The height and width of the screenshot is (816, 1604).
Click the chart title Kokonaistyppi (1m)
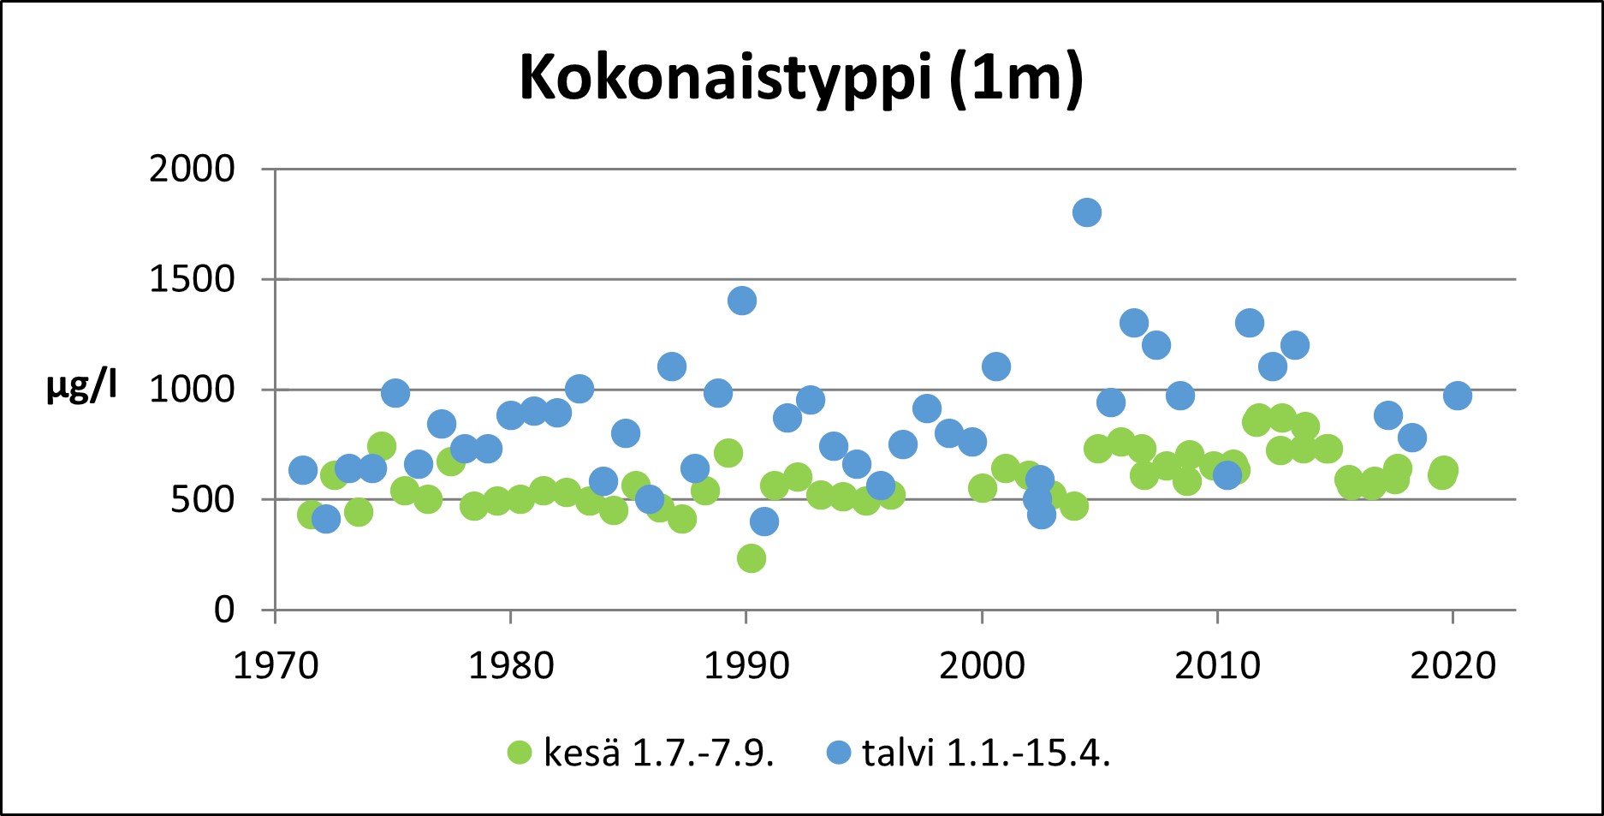[x=801, y=79]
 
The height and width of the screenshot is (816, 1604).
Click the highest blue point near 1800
[x=1086, y=212]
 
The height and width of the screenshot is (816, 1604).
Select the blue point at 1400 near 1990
[x=742, y=301]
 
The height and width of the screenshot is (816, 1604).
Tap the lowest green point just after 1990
[x=751, y=558]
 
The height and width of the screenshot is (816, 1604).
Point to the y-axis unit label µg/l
[x=81, y=387]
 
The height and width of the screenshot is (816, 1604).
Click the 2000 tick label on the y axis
[x=192, y=170]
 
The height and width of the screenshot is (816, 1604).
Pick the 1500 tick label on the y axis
[x=192, y=279]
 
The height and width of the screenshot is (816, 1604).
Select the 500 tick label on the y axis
[x=202, y=499]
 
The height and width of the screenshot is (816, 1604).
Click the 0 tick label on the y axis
[x=223, y=610]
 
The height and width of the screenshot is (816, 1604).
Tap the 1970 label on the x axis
[x=276, y=665]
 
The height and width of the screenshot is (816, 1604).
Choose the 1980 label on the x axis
[x=511, y=665]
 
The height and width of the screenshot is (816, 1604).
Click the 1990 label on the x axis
[x=746, y=665]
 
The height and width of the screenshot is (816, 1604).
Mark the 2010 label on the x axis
[x=1217, y=665]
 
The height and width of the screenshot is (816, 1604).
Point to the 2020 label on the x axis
[x=1453, y=665]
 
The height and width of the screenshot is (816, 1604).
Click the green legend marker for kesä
[x=520, y=753]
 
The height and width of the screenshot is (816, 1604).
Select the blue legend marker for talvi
[x=839, y=753]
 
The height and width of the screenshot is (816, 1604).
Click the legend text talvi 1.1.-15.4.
[x=986, y=753]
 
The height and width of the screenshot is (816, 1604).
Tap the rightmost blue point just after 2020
[x=1457, y=396]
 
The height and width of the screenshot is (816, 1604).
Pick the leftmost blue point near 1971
[x=303, y=469]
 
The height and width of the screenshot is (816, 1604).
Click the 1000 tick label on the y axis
[x=192, y=390]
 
